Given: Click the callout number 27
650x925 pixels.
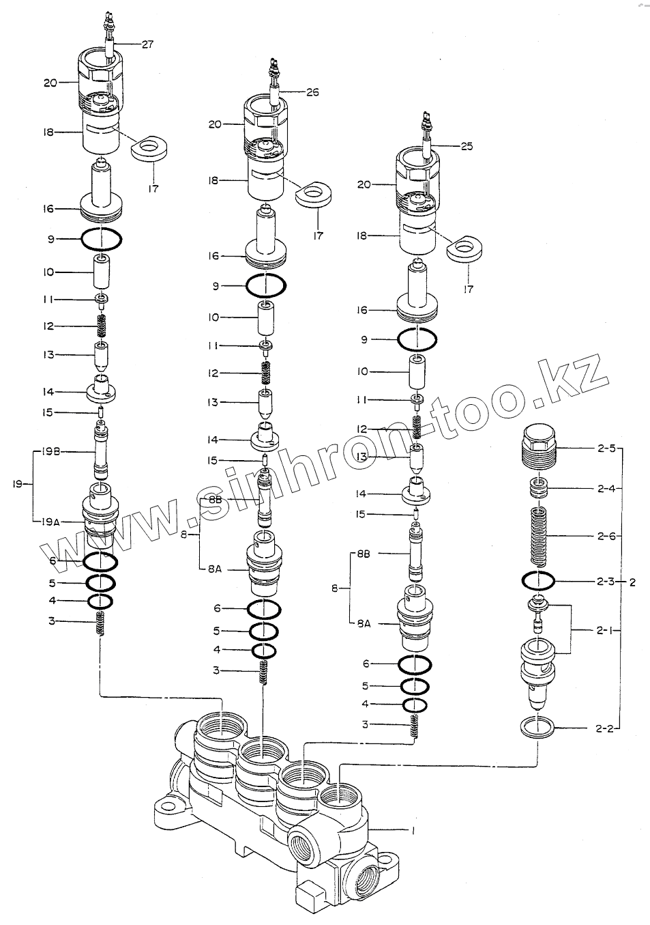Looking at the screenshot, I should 147,44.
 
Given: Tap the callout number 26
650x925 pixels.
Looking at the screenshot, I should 312,91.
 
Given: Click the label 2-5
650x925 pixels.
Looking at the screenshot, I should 606,449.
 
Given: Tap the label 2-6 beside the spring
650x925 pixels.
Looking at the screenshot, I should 606,537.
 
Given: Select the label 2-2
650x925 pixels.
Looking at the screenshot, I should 606,728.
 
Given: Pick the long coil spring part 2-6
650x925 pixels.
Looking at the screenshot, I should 540,536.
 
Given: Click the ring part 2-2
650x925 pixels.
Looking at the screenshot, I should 537,727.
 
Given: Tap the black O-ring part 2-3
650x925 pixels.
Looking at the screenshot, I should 538,581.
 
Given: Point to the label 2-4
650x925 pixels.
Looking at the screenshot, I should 606,488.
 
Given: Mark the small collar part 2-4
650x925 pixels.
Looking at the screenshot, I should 540,489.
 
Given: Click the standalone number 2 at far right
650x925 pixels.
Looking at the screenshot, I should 632,582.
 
